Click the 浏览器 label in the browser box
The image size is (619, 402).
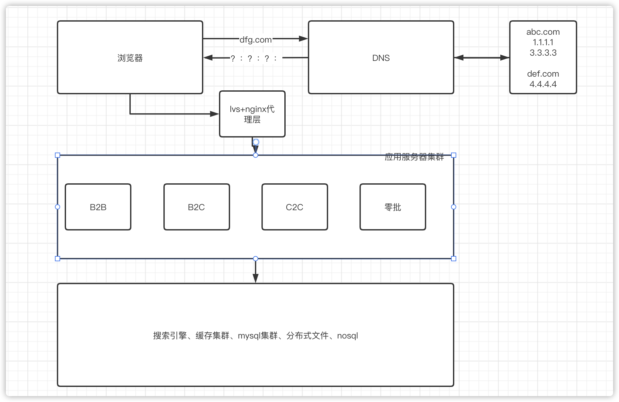pos(130,58)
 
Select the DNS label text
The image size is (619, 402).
pos(381,58)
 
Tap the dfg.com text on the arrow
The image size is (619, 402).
pos(256,40)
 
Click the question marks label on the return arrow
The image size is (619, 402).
pos(254,58)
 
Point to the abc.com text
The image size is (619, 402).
pos(543,32)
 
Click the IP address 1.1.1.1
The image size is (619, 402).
pos(543,42)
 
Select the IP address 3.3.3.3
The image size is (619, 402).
pos(543,53)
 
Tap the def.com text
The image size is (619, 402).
pos(543,74)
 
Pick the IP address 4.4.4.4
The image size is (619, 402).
pos(543,84)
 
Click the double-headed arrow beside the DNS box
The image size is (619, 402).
pos(481,58)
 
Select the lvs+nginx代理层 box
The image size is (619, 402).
pos(252,114)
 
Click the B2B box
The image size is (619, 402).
pos(98,207)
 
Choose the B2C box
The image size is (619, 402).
pos(196,207)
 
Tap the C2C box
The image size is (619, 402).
pos(294,207)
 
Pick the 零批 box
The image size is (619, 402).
pos(393,207)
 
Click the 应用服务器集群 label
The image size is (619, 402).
pos(414,157)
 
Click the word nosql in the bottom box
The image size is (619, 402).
pos(347,336)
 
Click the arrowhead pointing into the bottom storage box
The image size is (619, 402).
pos(256,279)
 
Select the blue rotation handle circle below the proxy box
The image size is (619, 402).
pos(256,142)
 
